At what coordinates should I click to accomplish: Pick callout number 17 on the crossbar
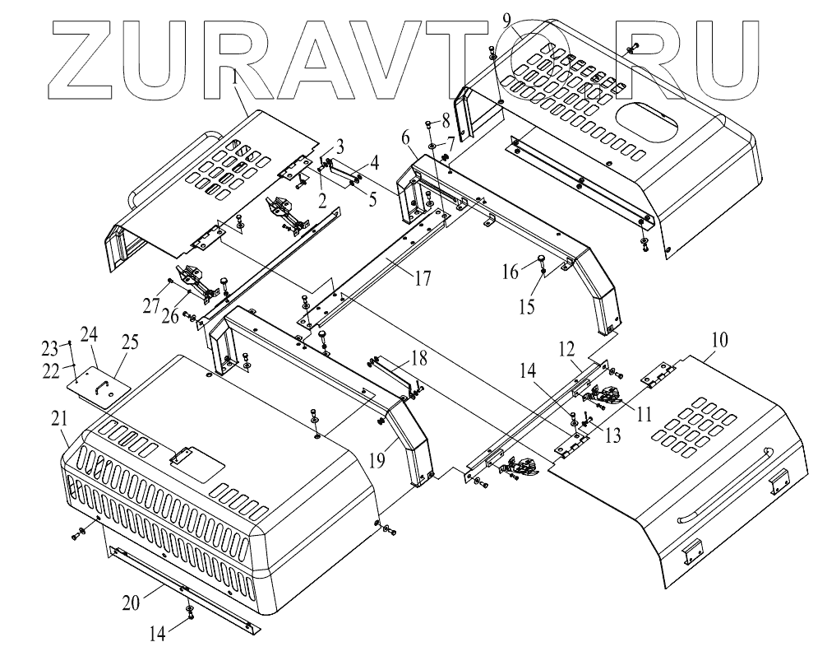422,278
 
